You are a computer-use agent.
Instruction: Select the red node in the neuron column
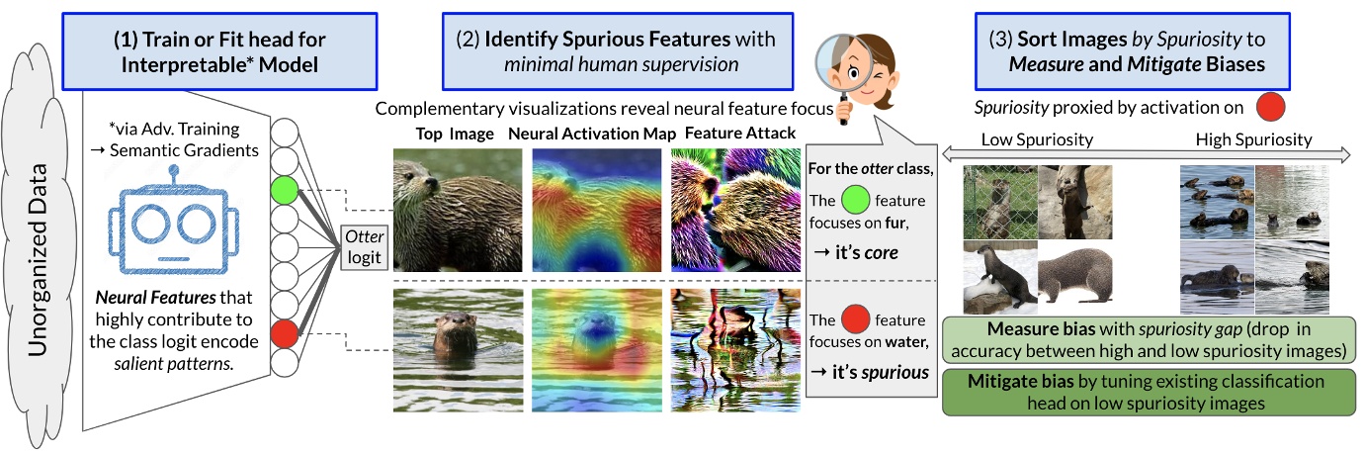click(284, 331)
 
